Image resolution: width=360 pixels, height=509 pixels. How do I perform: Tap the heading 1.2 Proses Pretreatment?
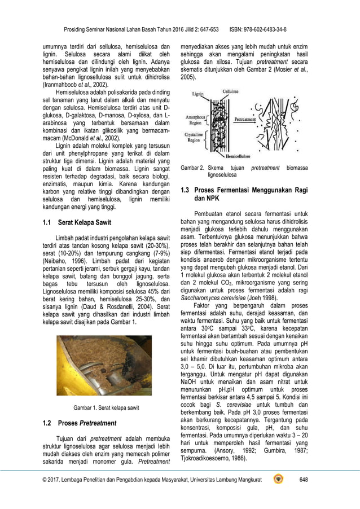pos(80,423)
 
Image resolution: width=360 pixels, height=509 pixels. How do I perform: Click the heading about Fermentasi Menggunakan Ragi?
pos(243,195)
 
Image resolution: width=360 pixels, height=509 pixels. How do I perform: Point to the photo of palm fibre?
pos(104,365)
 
